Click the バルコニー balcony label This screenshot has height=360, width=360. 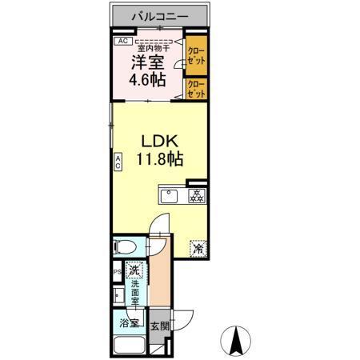point(160,15)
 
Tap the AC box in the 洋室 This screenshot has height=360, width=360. point(122,41)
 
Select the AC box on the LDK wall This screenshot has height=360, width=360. point(118,162)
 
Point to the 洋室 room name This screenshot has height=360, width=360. point(149,62)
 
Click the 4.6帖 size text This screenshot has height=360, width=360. point(149,79)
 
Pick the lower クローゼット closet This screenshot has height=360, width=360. point(196,89)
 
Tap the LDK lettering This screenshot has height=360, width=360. point(158,138)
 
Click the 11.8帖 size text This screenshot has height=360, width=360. point(158,158)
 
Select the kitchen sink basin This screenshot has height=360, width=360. point(170,195)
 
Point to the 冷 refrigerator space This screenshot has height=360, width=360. point(197,249)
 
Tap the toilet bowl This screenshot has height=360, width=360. point(126,247)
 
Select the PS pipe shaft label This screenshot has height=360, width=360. point(116,272)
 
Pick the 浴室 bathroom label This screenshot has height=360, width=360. point(129,326)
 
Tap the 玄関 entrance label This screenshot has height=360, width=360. point(159,326)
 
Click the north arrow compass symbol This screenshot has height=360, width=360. point(238,340)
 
